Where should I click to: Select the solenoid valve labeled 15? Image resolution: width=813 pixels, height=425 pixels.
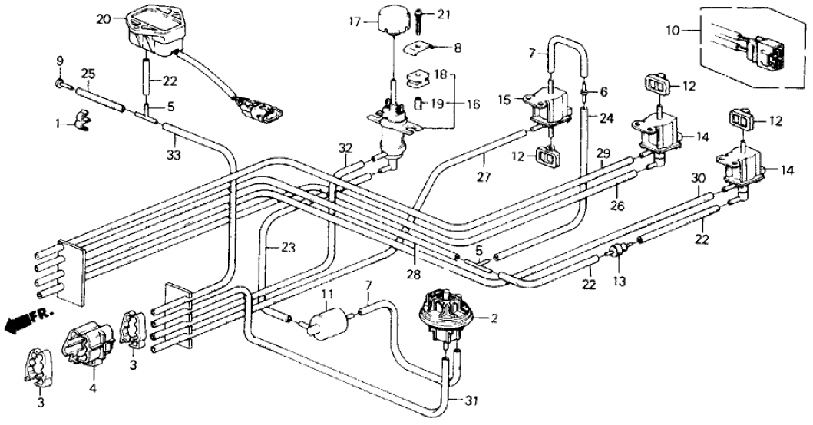click(x=550, y=105)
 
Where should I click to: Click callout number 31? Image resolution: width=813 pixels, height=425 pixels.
click(x=471, y=400)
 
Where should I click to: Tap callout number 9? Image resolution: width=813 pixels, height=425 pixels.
click(x=59, y=61)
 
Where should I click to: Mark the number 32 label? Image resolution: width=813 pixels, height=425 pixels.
click(x=347, y=147)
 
